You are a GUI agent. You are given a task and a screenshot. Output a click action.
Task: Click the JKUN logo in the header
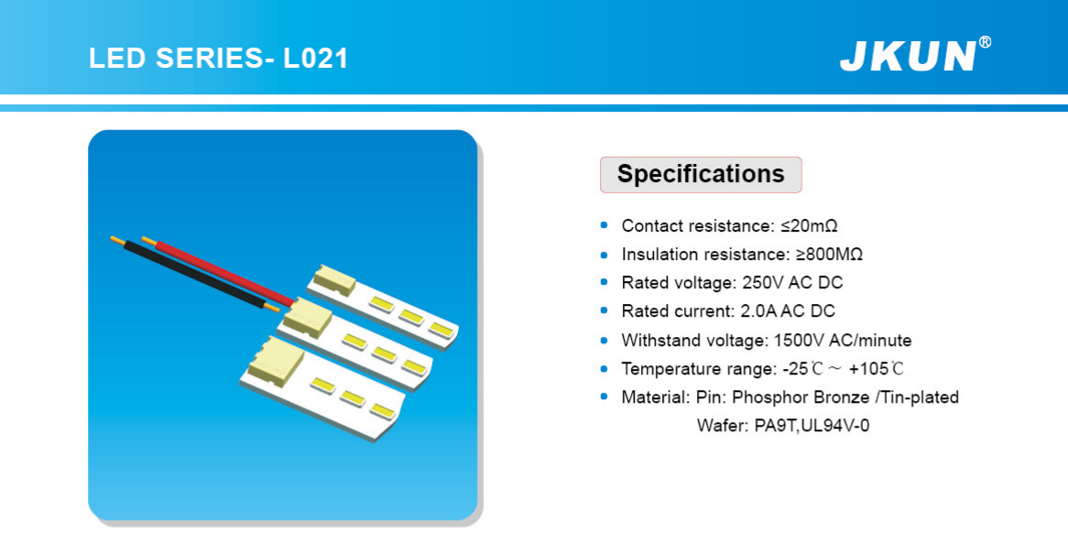(x=908, y=57)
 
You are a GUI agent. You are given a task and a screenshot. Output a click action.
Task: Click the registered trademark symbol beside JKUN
(x=985, y=43)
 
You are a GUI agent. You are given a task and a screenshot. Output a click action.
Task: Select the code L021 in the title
(x=315, y=59)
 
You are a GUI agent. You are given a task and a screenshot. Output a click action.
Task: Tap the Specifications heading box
(x=701, y=174)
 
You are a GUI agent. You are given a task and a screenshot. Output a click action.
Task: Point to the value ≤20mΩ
(x=809, y=225)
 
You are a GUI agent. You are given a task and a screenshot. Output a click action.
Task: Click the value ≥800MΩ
(x=830, y=255)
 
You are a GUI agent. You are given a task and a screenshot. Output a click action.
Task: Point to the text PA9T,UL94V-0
(x=812, y=427)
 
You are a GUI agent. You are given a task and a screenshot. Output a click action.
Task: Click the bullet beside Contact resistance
(x=605, y=225)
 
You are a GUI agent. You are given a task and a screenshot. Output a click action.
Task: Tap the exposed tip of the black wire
(x=117, y=240)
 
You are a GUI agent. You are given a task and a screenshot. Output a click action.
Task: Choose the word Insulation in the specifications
(x=663, y=255)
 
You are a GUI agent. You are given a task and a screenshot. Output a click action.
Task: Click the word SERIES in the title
(x=210, y=59)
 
